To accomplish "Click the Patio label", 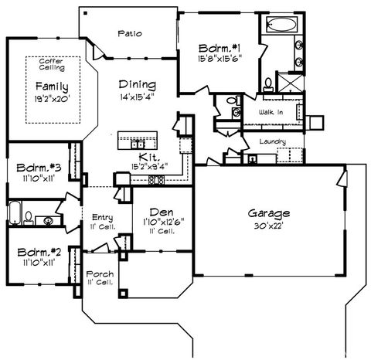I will [x=128, y=33].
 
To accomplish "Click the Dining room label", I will [x=138, y=85].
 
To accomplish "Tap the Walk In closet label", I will [x=271, y=113].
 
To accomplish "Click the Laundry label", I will [x=274, y=142].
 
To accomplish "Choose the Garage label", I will [x=268, y=212].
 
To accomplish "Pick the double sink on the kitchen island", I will [x=137, y=144].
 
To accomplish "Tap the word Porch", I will [x=100, y=273].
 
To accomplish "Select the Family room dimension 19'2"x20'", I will [x=50, y=98].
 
